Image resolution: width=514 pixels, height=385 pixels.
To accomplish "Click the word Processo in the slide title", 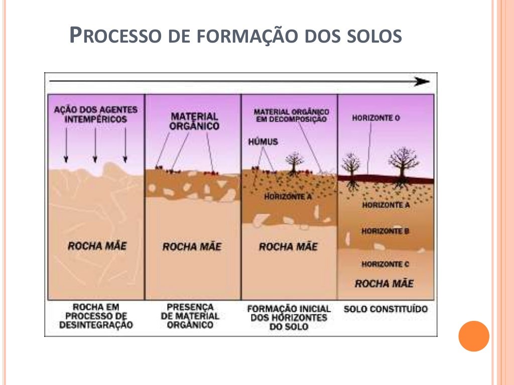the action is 115,35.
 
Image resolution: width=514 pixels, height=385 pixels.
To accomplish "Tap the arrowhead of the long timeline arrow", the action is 422,82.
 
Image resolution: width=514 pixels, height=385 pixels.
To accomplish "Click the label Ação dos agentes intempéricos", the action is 96,114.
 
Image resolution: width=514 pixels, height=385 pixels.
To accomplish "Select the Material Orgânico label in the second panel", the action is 194,121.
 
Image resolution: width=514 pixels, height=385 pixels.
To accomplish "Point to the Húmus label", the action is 263,142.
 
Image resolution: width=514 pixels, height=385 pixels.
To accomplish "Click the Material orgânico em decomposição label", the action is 292,116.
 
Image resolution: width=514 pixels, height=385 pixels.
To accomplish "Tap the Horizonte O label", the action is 376,118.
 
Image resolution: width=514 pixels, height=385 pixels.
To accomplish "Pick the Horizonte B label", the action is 385,231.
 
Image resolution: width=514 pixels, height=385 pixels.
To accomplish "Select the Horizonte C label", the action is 385,264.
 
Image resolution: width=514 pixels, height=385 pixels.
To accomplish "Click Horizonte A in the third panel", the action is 288,197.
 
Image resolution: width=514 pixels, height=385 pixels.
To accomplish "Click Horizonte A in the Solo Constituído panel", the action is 386,205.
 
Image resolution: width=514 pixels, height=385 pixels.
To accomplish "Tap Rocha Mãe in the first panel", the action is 97,246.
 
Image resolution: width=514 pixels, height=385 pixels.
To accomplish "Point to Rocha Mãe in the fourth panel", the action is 384,283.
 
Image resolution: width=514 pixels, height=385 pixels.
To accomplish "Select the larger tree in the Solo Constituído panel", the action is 403,167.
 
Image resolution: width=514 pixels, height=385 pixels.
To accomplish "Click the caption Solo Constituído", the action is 385,309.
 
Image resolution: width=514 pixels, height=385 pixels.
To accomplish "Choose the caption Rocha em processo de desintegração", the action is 96,316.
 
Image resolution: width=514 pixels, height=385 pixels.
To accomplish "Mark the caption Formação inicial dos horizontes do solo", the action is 289,317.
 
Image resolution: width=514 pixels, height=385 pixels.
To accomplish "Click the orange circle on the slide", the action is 474,336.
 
